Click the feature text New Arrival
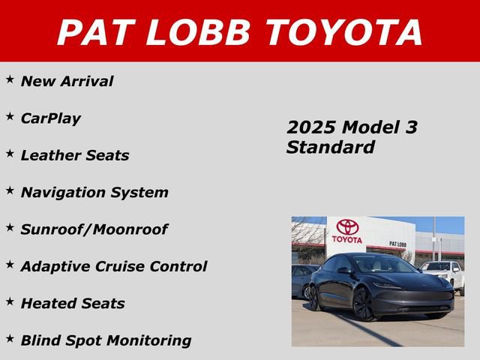(67, 81)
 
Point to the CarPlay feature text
(50, 118)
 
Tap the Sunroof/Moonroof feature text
(94, 229)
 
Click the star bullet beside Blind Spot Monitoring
(10, 337)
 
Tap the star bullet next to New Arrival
(10, 78)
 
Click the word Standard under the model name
(330, 147)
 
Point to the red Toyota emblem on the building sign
(347, 226)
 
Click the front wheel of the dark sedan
(364, 304)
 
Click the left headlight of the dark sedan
(388, 286)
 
